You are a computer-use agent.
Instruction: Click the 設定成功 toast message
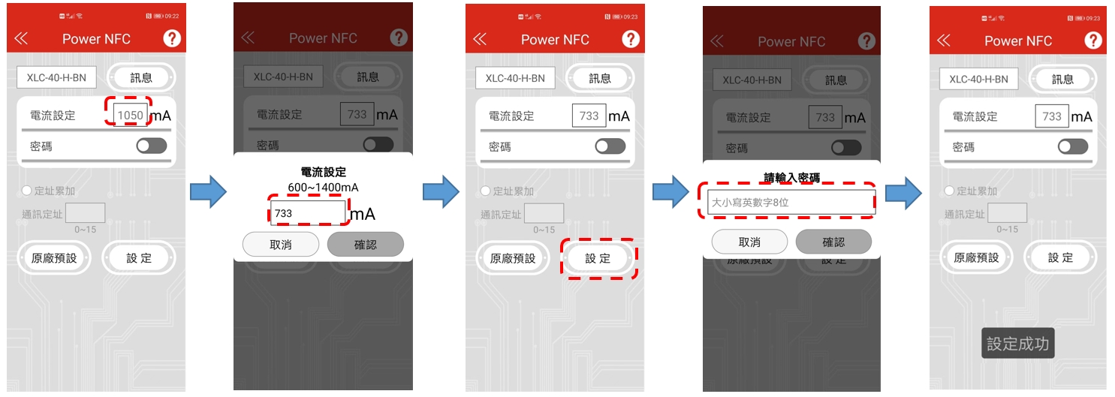coord(1017,344)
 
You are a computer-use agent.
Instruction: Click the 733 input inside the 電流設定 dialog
coord(308,213)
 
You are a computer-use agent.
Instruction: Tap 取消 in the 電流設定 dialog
coord(281,245)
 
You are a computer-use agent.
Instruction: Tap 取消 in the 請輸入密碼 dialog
coord(749,242)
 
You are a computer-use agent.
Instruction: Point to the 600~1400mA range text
coord(323,187)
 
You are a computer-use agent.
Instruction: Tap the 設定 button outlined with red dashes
coord(598,258)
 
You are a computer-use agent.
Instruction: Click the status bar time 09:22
coord(172,16)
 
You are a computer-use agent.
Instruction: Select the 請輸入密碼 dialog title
coord(791,178)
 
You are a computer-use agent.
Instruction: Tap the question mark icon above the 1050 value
coord(172,39)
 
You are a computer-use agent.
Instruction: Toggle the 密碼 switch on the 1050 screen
coord(151,146)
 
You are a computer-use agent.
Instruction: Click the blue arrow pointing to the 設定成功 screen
coord(903,194)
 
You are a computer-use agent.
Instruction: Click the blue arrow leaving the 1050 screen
coord(208,194)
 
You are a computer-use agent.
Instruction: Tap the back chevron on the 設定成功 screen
coord(944,40)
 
